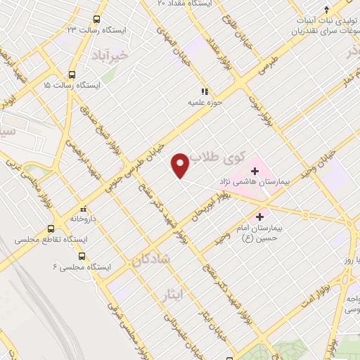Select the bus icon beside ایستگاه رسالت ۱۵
[x=72, y=74]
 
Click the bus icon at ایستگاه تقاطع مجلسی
[x=51, y=229]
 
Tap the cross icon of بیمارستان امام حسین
[x=261, y=217]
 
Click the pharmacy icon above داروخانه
[x=84, y=208]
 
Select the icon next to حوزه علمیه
[x=205, y=91]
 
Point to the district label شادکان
[x=150, y=260]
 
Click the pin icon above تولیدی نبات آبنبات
[x=328, y=10]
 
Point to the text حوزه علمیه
[x=198, y=103]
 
